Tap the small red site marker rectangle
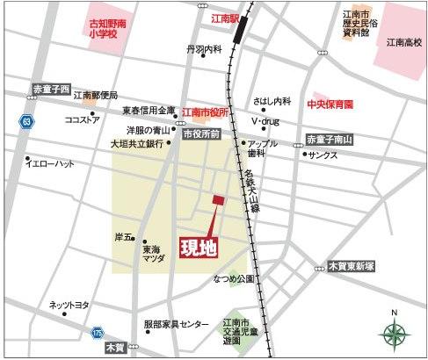(217, 201)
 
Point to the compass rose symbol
(395, 333)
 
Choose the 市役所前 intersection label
(199, 133)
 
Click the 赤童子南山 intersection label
(330, 139)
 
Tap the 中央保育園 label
(329, 104)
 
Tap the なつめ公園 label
(233, 278)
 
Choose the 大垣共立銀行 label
(137, 143)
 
